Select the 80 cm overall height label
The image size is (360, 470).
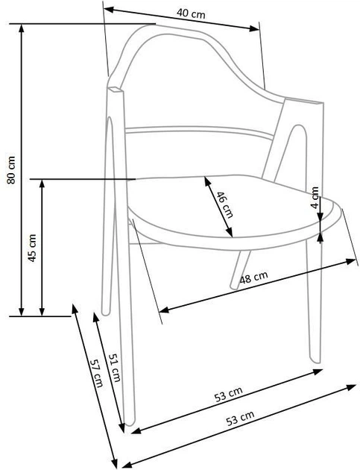point(10,172)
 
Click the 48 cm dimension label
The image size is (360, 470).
point(254,278)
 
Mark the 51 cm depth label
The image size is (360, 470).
point(115,367)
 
